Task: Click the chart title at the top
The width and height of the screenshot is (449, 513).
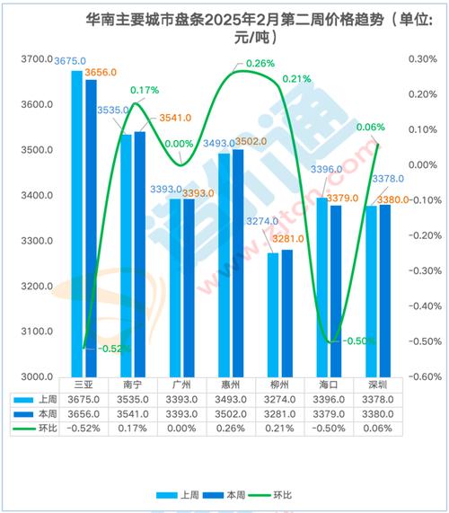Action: click(224, 28)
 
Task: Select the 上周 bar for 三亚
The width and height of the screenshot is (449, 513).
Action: click(77, 225)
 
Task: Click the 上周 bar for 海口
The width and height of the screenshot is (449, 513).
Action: click(322, 287)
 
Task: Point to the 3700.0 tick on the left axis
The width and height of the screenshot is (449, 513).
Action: click(38, 60)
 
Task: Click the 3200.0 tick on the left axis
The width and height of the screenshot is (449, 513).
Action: click(38, 287)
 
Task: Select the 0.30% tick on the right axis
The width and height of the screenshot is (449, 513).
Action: click(421, 59)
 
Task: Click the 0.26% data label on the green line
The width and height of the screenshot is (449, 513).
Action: click(260, 64)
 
